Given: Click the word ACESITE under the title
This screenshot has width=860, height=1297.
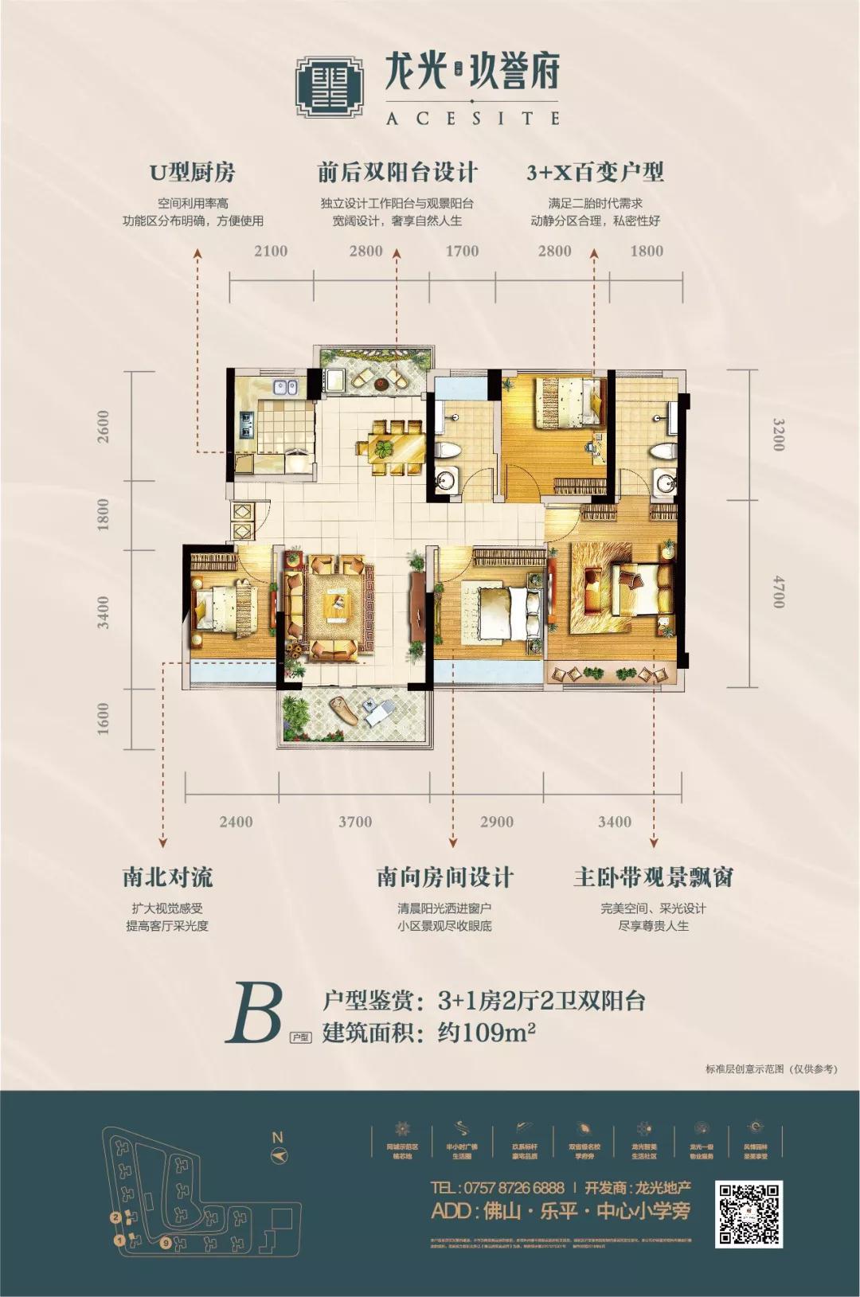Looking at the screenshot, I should [x=472, y=118].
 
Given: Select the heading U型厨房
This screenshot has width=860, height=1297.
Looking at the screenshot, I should [x=193, y=172].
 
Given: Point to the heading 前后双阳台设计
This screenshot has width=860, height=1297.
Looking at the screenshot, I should [x=397, y=172].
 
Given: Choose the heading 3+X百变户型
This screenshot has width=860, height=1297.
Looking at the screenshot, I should [x=595, y=172].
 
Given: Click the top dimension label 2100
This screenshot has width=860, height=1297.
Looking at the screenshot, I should [x=271, y=251].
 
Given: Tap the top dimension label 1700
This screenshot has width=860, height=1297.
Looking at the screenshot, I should [x=462, y=251].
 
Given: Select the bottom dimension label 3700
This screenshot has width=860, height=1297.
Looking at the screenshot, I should [x=354, y=822].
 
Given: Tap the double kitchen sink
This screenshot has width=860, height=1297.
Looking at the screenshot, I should [x=284, y=388].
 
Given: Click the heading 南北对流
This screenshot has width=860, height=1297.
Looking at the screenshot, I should [x=168, y=877].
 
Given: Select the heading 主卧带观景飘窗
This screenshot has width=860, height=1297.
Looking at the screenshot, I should [x=653, y=877].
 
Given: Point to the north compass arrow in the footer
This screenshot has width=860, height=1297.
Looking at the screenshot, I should [x=279, y=1155].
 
